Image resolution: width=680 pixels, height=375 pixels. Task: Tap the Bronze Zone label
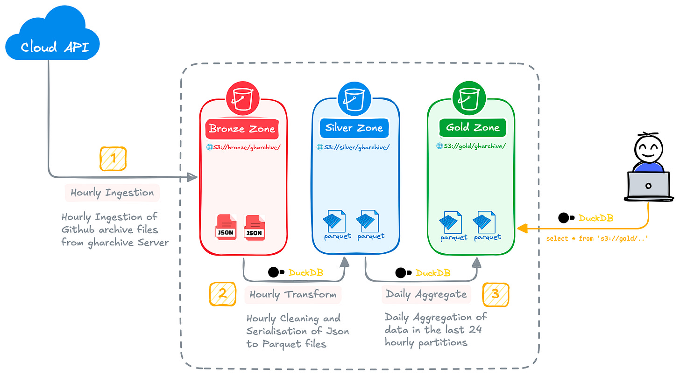point(242,129)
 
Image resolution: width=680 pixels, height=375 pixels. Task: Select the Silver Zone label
point(354,128)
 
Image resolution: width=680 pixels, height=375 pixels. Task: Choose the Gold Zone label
point(472,127)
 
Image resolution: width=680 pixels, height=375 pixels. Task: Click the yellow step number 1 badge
point(113,159)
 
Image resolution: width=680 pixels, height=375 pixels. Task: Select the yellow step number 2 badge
point(222,294)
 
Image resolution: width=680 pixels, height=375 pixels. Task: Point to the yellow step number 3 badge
point(496,294)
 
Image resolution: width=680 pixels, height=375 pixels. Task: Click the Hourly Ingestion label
point(112,193)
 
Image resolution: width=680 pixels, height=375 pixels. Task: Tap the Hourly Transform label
point(293,295)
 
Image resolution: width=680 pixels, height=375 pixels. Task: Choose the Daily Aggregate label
point(426,294)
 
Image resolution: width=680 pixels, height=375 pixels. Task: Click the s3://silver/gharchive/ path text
point(353,147)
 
